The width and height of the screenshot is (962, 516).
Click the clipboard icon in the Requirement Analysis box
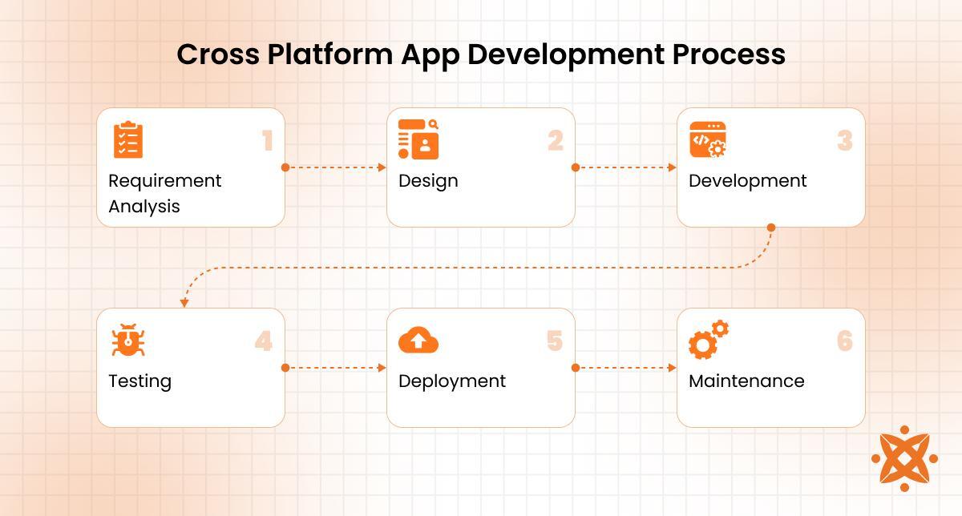(x=128, y=140)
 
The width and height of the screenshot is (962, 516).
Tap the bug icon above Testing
(x=128, y=340)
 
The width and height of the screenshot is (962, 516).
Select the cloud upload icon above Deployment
(x=418, y=340)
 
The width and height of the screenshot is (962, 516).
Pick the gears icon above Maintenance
(x=709, y=340)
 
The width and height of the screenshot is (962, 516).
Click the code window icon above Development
(x=708, y=139)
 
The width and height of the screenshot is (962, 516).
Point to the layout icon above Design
(x=418, y=139)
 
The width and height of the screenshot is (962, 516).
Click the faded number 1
(x=268, y=140)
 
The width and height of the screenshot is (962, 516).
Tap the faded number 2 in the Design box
(x=556, y=140)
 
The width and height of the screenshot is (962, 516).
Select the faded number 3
(x=845, y=140)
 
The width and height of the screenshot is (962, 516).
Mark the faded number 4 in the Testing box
(x=264, y=341)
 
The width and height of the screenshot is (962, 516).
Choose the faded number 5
(x=555, y=341)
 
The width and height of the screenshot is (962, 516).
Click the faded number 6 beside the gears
(x=845, y=341)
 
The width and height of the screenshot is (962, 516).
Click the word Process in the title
(x=729, y=54)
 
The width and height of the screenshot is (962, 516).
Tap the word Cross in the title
(x=218, y=54)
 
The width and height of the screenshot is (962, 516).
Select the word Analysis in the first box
(x=144, y=207)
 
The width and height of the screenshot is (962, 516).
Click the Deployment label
(x=452, y=381)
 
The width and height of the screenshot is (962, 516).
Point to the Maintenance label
(x=746, y=381)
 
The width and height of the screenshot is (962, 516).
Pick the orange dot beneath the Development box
(x=771, y=228)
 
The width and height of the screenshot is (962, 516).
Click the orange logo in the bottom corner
(x=904, y=458)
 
